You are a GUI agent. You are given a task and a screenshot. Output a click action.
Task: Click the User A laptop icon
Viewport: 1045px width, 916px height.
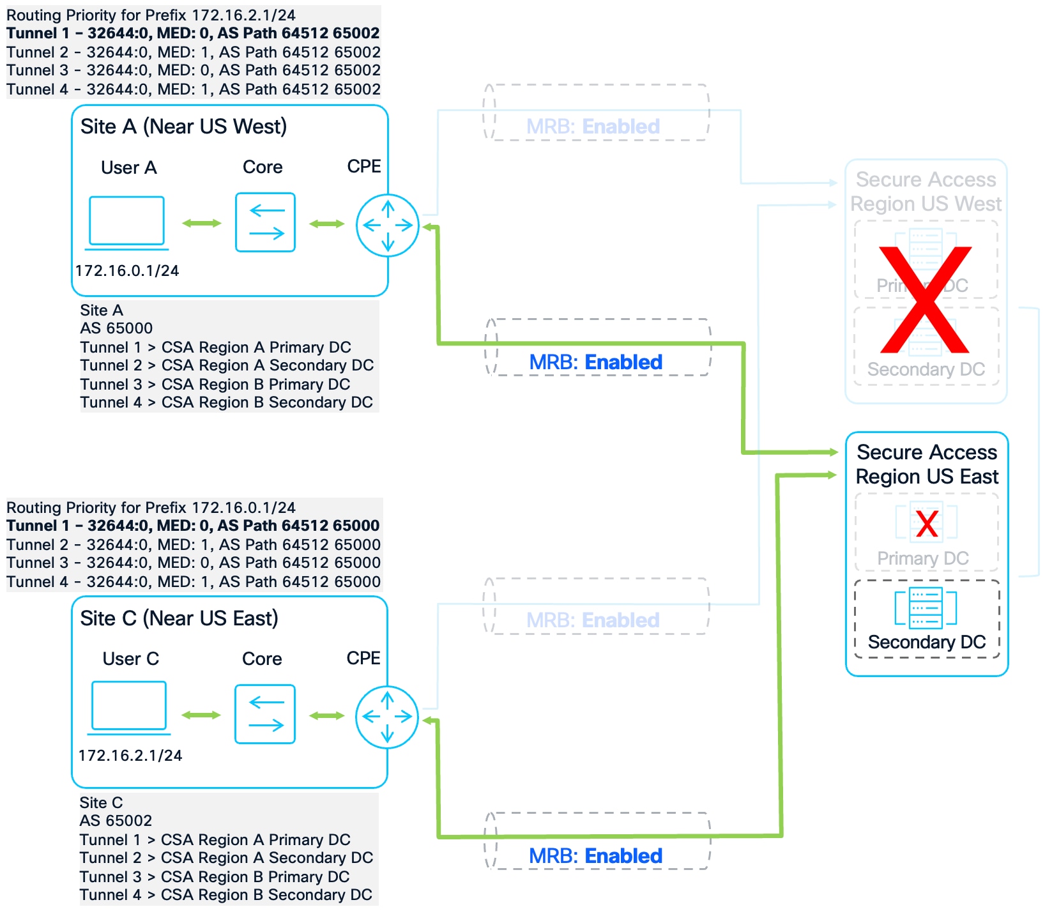coord(126,222)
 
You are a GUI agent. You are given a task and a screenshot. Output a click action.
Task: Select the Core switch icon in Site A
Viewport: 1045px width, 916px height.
coord(265,222)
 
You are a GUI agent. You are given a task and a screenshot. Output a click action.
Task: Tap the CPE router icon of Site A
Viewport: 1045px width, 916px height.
coord(388,225)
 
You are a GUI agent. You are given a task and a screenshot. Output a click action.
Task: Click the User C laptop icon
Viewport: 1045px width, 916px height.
coord(128,706)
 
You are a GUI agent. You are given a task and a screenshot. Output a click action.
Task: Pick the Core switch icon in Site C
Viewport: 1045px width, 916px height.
coord(265,714)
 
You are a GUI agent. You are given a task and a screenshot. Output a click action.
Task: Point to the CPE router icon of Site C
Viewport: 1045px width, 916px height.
coord(387,717)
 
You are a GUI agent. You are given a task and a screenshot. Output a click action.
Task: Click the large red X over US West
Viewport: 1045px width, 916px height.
coord(925,300)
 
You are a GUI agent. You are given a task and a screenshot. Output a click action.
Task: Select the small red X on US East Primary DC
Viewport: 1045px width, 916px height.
coord(926,523)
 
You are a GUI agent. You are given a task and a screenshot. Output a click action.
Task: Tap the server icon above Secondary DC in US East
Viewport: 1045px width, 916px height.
coord(926,607)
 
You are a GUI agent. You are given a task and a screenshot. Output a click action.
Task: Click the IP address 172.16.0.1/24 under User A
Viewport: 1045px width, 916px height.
coord(127,271)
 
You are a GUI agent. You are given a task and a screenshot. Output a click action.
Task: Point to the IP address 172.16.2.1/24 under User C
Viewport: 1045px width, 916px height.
coord(130,756)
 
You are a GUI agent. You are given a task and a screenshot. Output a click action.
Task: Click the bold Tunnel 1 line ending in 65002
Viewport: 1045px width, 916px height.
coord(193,33)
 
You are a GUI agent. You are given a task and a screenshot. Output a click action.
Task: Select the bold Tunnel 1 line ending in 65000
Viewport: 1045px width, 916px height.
coord(193,526)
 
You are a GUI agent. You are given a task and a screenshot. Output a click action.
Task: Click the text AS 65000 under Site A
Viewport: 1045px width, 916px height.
coord(116,328)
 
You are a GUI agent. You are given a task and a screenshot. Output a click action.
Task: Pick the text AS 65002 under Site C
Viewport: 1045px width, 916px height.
coord(116,821)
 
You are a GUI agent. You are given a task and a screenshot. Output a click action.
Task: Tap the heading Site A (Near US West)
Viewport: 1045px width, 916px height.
coord(183,126)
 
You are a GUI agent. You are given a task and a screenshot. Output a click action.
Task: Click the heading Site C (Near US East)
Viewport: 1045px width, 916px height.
coord(179,618)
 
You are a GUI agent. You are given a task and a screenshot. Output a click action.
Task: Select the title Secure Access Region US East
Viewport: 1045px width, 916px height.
coord(927,464)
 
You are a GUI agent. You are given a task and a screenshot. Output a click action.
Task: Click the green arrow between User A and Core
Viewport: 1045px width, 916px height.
coord(201,223)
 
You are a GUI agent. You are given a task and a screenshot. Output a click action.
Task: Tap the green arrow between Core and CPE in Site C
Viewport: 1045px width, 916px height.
coord(326,715)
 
